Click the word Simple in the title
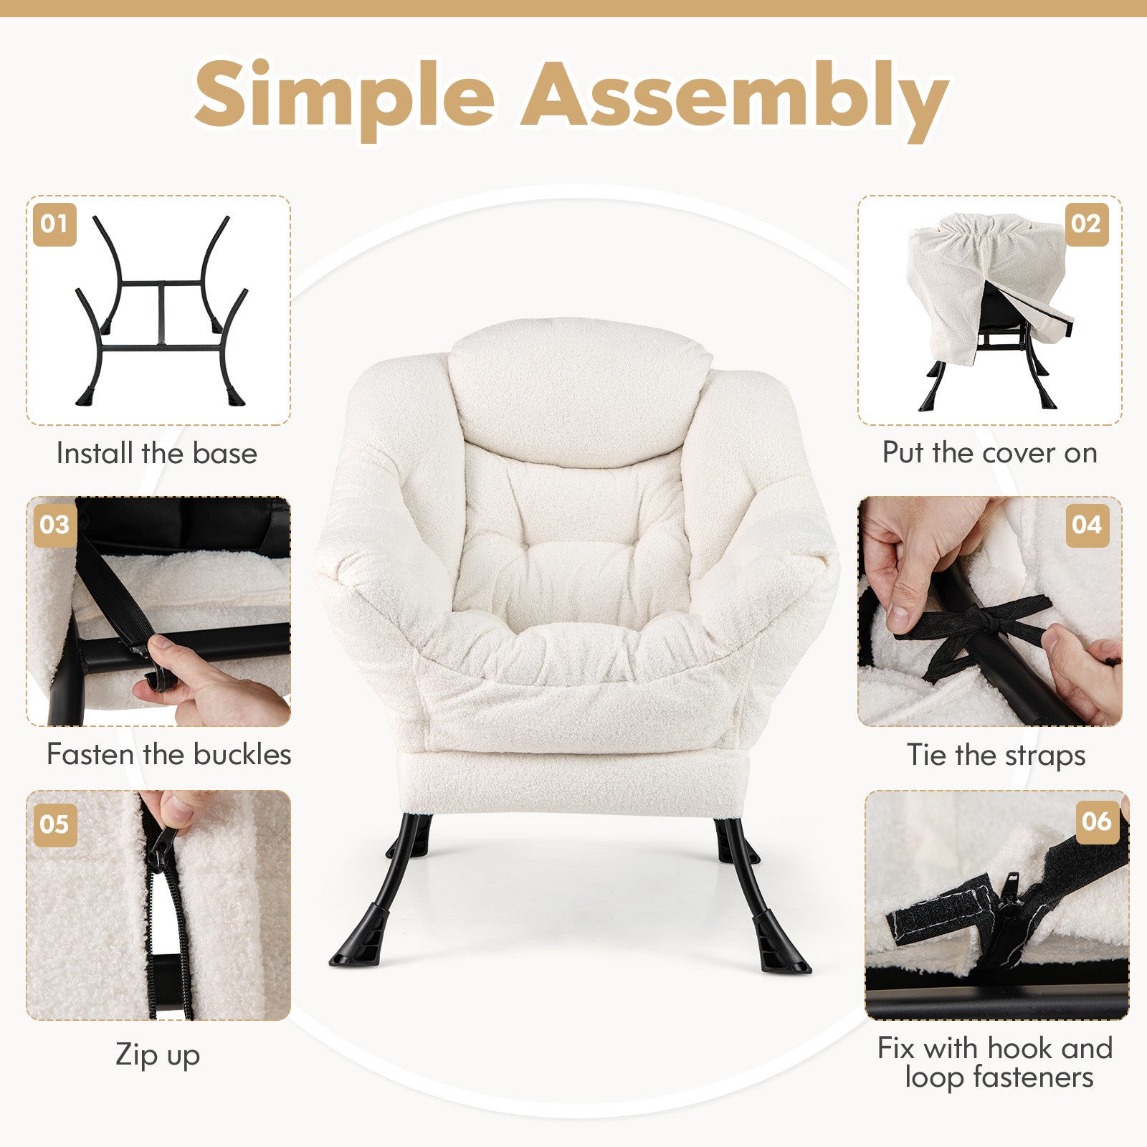[345, 97]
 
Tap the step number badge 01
[54, 224]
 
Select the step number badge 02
[1086, 224]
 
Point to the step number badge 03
[54, 525]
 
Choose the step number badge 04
[1087, 525]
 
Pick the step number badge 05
[54, 824]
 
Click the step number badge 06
[1097, 822]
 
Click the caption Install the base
[156, 453]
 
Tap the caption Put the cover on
[989, 453]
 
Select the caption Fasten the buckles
[168, 754]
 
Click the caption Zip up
[158, 1056]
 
